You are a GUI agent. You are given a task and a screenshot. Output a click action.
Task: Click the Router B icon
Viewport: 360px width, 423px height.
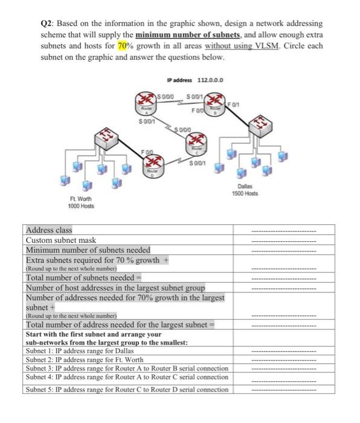216,112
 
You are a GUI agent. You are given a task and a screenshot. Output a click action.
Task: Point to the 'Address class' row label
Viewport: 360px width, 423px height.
48,230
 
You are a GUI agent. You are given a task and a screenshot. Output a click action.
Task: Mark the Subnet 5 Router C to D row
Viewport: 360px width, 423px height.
127,389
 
